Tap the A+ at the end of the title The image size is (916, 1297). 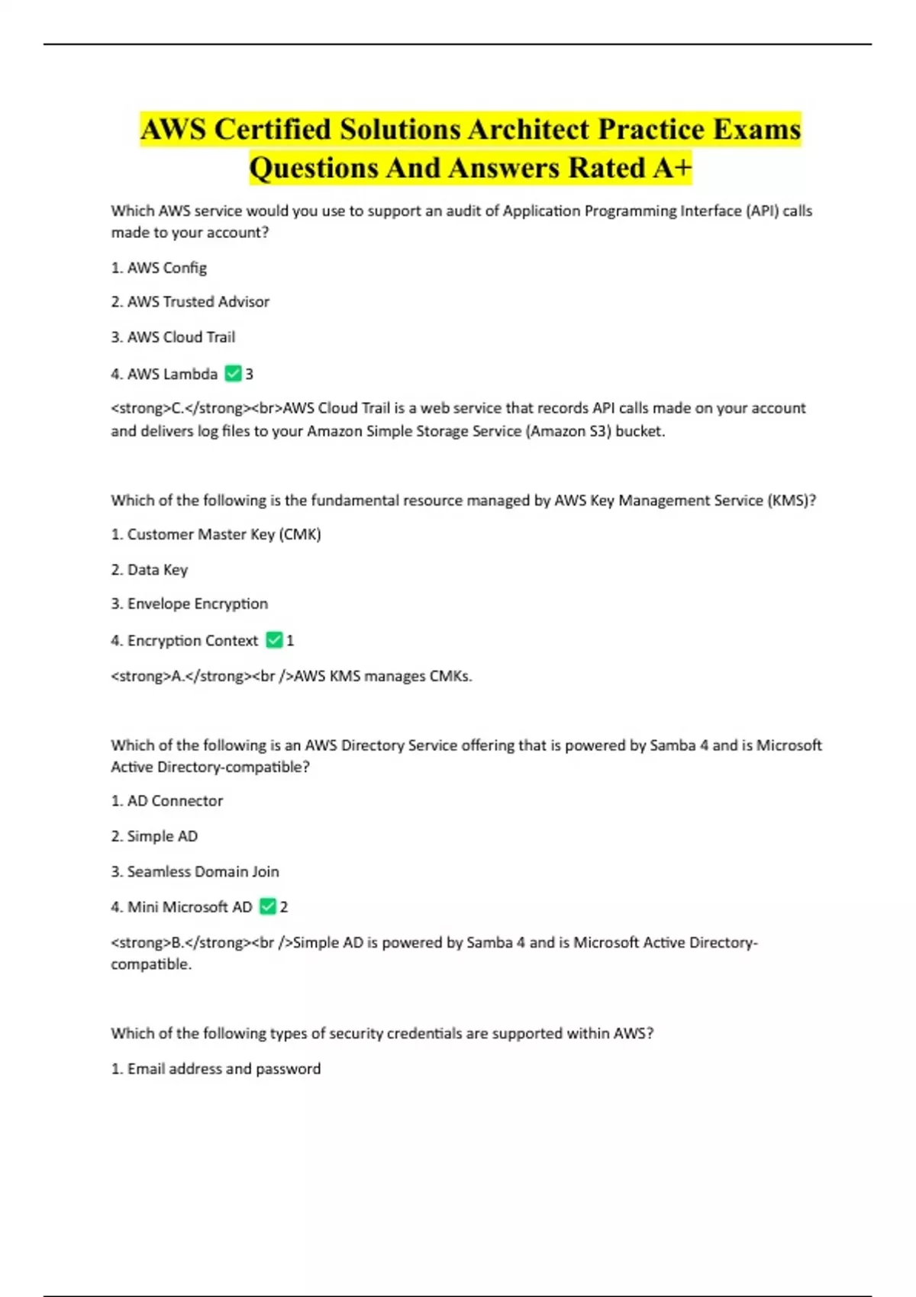click(672, 168)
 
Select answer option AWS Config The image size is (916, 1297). click(166, 268)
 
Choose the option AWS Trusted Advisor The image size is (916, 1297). click(198, 301)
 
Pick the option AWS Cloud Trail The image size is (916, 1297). click(181, 336)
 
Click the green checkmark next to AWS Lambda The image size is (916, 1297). click(234, 374)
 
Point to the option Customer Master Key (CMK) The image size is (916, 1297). click(224, 534)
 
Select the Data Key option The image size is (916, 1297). click(157, 569)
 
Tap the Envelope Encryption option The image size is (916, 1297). click(197, 603)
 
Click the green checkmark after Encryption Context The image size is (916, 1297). click(274, 640)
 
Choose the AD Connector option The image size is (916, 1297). click(175, 800)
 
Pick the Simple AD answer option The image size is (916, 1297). click(162, 835)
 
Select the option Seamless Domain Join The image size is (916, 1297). click(202, 871)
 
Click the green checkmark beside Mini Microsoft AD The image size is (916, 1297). click(268, 906)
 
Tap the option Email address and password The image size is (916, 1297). click(224, 1068)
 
